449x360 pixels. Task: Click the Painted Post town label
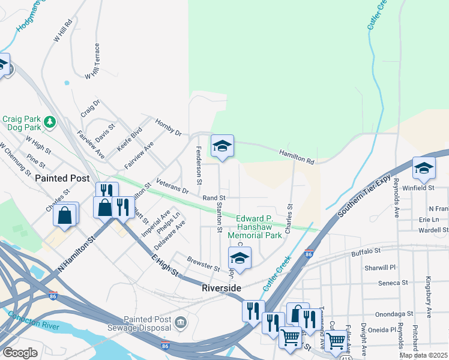coord(62,178)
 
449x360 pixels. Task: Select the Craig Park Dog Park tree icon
coord(50,123)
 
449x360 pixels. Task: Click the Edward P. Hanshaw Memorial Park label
coord(259,227)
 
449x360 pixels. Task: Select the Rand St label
coord(213,197)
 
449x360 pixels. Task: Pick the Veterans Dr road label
coord(172,187)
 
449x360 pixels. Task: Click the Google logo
coord(20,353)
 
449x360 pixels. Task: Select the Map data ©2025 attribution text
coord(423,355)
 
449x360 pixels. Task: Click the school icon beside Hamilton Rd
coord(222,146)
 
